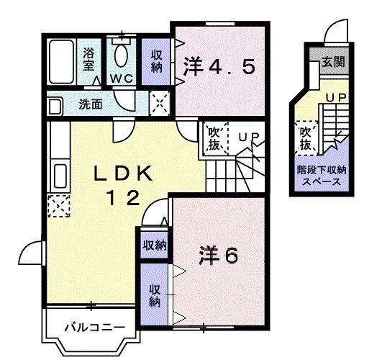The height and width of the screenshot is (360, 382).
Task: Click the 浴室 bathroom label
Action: (x=88, y=58)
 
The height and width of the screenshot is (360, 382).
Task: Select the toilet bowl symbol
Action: (x=121, y=55)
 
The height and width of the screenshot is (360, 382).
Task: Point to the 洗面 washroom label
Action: (x=91, y=104)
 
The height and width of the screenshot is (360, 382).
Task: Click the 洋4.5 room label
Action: (x=219, y=68)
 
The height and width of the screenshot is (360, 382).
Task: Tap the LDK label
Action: (x=123, y=174)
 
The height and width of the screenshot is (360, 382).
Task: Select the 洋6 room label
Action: (x=217, y=255)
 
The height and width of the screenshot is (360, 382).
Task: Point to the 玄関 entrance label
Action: (x=332, y=62)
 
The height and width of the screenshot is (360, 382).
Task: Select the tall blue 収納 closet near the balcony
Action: (x=155, y=295)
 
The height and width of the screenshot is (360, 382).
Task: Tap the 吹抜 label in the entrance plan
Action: (x=306, y=138)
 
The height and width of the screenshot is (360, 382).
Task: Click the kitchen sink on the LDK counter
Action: (x=60, y=176)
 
